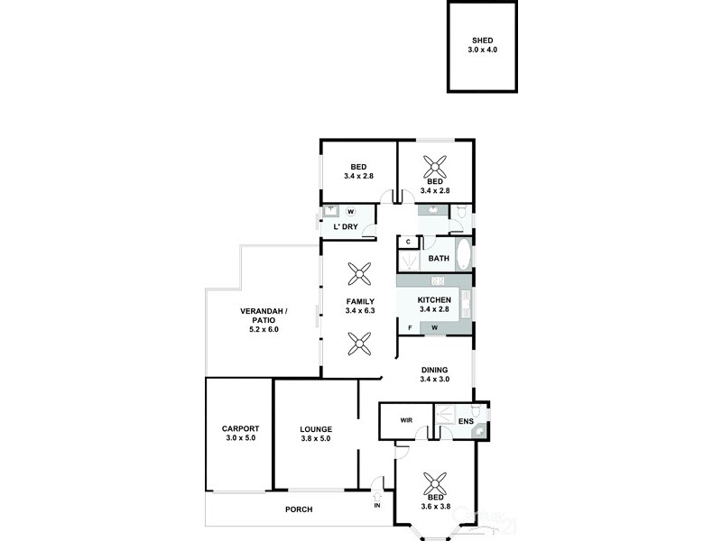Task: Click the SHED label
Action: tap(482, 41)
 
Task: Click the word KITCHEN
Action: tap(434, 300)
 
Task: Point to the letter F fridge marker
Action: tap(411, 326)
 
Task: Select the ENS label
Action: tap(466, 421)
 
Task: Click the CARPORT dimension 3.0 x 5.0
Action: tap(241, 438)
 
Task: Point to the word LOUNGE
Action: tap(316, 429)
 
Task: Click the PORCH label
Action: tap(299, 509)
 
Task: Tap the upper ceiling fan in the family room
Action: tap(360, 272)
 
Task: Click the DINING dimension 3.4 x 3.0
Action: tap(434, 379)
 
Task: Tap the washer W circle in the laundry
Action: tap(350, 212)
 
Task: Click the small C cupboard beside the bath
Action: tap(409, 242)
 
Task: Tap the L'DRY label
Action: tap(347, 226)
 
